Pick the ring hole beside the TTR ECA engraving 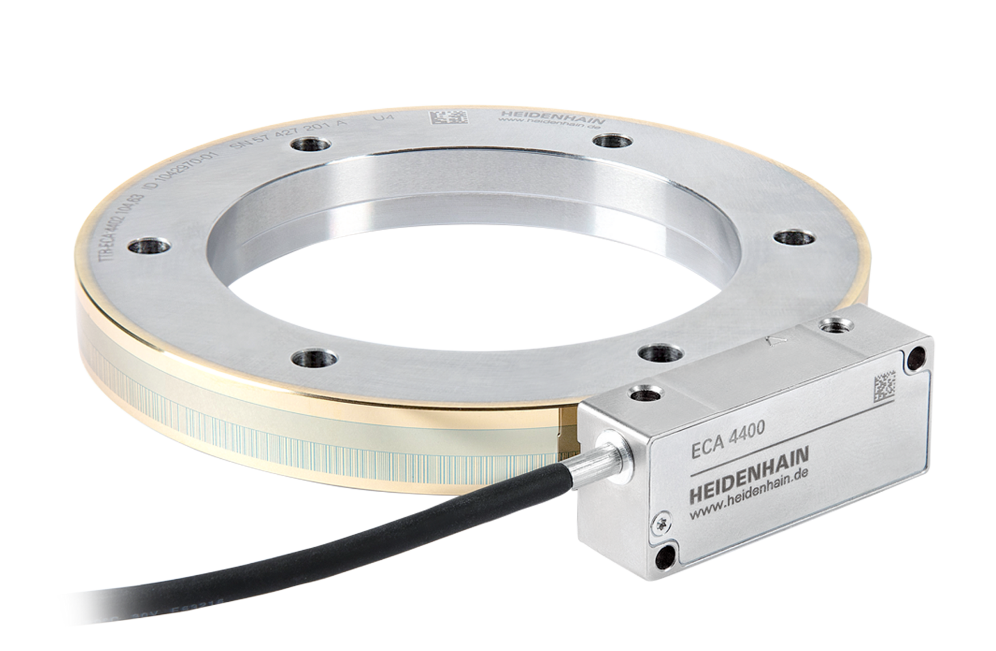point(148,248)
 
